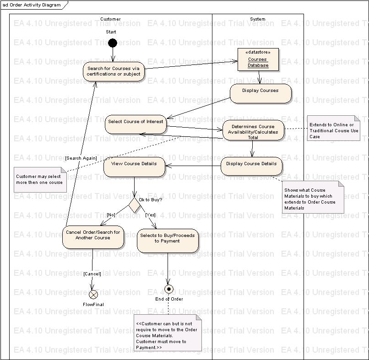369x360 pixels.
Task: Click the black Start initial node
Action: tap(112, 43)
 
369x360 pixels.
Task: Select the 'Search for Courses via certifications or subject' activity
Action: tap(114, 71)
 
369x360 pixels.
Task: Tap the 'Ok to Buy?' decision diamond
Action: tap(134, 205)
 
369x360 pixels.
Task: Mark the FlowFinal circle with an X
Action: tap(93, 294)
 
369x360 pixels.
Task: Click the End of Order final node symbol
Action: tap(169, 289)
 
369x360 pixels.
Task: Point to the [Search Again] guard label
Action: tap(81, 158)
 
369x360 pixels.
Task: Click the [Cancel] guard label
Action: tap(92, 274)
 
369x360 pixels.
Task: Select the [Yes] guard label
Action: tap(150, 215)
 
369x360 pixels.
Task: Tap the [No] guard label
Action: tap(111, 215)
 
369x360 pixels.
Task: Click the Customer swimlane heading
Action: tap(110, 19)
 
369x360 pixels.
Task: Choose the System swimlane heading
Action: tap(257, 19)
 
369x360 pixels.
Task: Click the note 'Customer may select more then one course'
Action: tap(39, 179)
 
